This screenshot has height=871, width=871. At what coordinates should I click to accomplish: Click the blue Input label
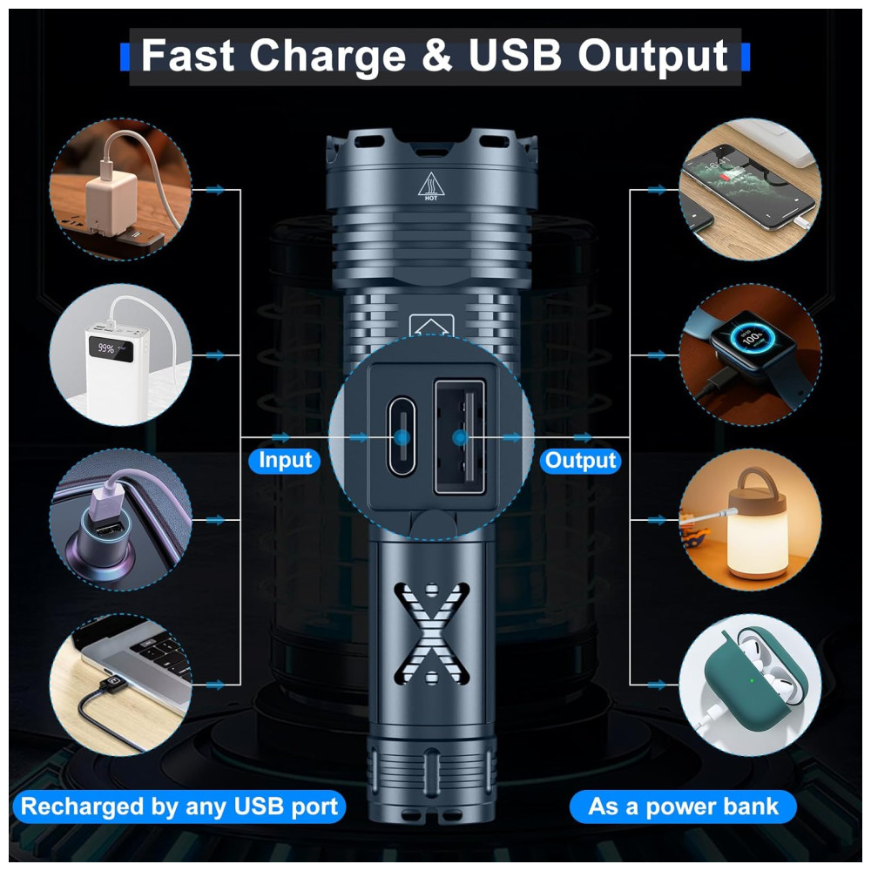[285, 461]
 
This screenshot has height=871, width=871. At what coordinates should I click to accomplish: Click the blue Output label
[580, 461]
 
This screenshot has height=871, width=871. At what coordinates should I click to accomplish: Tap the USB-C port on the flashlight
[402, 436]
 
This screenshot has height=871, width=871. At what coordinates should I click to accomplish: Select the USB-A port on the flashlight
[459, 437]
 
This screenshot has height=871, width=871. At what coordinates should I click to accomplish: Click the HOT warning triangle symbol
[431, 186]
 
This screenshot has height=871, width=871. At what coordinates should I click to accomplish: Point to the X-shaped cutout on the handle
[432, 633]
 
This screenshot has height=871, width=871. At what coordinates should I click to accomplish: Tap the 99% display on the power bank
[108, 349]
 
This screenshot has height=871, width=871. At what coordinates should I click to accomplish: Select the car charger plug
[105, 542]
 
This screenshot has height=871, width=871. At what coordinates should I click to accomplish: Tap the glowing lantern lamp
[754, 530]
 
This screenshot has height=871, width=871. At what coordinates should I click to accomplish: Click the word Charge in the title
[327, 56]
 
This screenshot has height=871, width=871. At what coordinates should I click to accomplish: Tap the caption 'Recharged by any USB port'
[179, 807]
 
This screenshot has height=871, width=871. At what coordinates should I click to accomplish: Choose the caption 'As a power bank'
[683, 807]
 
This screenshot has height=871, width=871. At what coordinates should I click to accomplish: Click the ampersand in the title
[437, 55]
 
